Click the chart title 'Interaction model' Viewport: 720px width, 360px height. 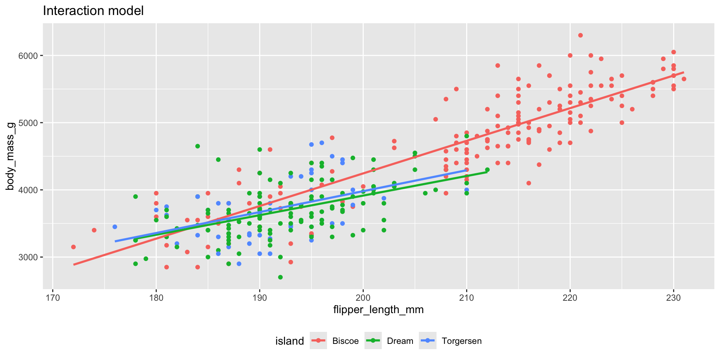pyautogui.click(x=93, y=11)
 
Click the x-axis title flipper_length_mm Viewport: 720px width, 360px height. pyautogui.click(x=378, y=310)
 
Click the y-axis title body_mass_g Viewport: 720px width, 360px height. pyautogui.click(x=10, y=156)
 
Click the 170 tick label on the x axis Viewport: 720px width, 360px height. pyautogui.click(x=52, y=297)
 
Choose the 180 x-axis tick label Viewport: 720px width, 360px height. pyautogui.click(x=156, y=297)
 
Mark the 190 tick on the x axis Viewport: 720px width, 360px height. pyautogui.click(x=259, y=297)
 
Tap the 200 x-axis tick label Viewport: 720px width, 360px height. pyautogui.click(x=363, y=297)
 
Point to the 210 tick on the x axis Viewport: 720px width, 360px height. pyautogui.click(x=466, y=297)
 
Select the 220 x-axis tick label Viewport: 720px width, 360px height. pyautogui.click(x=570, y=297)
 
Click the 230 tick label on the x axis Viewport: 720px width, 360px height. pyautogui.click(x=673, y=297)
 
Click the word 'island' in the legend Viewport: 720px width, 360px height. pyautogui.click(x=289, y=341)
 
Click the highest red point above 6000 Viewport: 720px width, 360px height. pyautogui.click(x=580, y=35)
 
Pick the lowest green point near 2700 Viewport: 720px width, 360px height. pyautogui.click(x=280, y=277)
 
